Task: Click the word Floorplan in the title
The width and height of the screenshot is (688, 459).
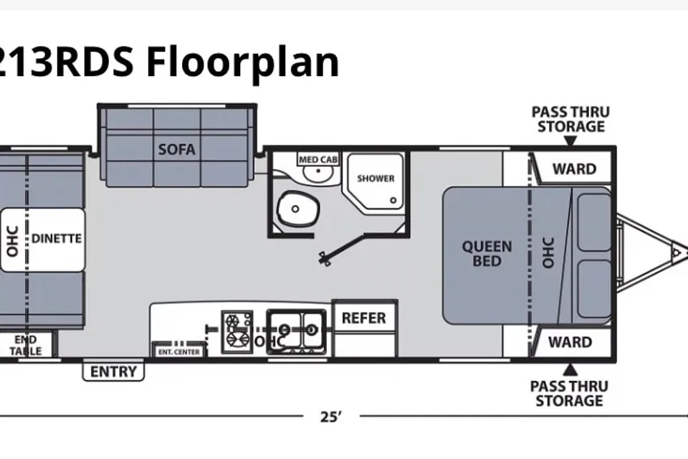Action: point(243,62)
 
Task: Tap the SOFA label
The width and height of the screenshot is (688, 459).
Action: point(177,149)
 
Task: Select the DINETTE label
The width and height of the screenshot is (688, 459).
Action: point(57,239)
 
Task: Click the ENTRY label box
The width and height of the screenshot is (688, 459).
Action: point(113,372)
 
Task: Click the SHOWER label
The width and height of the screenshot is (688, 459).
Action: point(376,179)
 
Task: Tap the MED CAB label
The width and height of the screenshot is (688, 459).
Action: point(318,159)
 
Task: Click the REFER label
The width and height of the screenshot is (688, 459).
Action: point(364,318)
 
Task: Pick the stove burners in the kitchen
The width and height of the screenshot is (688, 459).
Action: point(237,331)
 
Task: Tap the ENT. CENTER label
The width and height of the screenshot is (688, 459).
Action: point(179,352)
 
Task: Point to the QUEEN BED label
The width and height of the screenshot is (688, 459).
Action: point(487,253)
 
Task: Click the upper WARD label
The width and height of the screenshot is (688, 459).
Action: point(574,169)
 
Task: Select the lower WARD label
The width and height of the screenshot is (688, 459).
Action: point(570,341)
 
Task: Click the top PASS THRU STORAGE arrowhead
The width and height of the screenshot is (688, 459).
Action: point(570,141)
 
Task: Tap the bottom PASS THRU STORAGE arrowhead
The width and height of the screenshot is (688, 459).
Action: point(570,370)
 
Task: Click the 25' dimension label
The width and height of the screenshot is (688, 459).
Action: point(331,417)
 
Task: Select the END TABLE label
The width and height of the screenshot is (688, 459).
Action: point(26,345)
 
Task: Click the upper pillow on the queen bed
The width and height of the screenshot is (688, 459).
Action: point(594,222)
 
